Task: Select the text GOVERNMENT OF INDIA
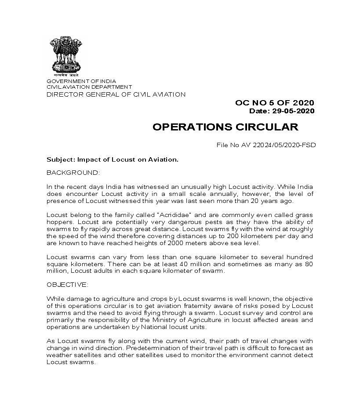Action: [x=81, y=81]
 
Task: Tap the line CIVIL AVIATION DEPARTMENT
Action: [x=89, y=87]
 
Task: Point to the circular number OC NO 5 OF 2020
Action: [x=275, y=103]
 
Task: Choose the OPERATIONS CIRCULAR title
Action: [x=225, y=127]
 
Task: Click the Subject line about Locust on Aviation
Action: [x=113, y=159]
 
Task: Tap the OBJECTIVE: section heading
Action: [x=67, y=285]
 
